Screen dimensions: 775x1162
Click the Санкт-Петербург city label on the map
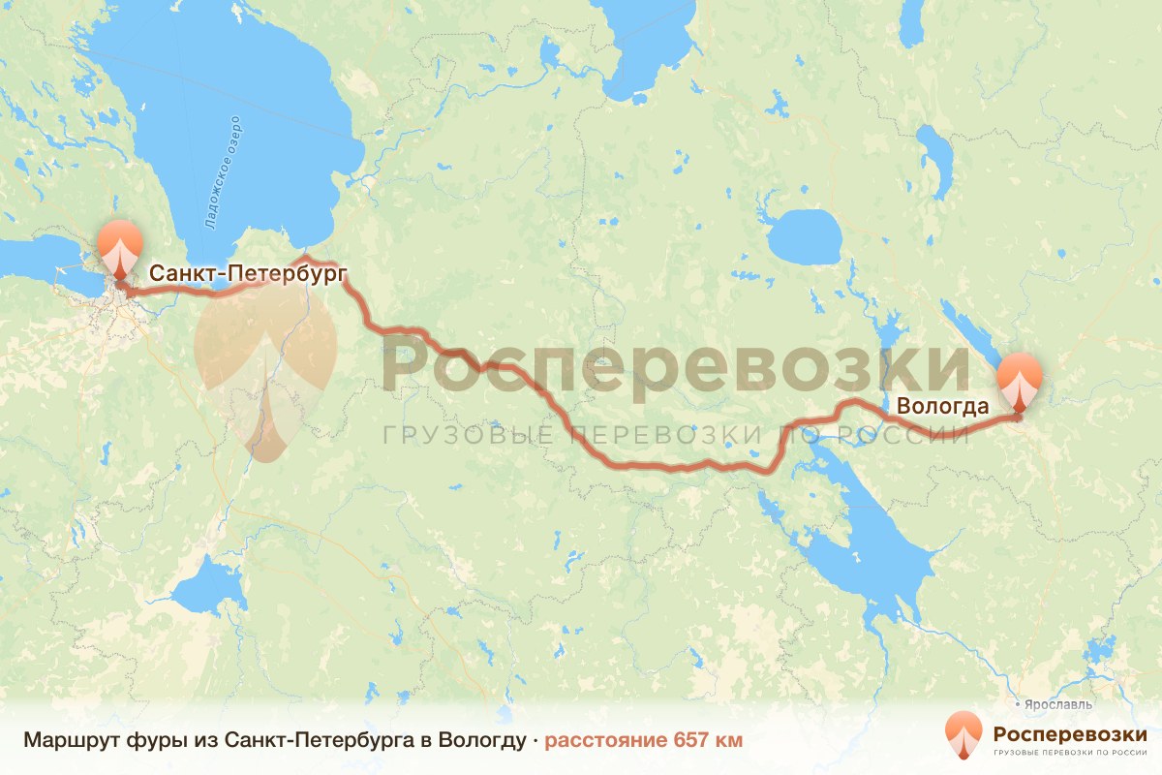(x=248, y=275)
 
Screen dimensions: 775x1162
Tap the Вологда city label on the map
(x=942, y=407)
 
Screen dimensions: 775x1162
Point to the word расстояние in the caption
(x=604, y=740)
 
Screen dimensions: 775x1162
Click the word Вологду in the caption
(x=480, y=740)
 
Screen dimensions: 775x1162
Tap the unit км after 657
(x=728, y=740)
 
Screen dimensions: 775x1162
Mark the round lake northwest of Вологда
(x=806, y=235)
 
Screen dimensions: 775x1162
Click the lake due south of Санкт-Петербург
(x=206, y=587)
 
